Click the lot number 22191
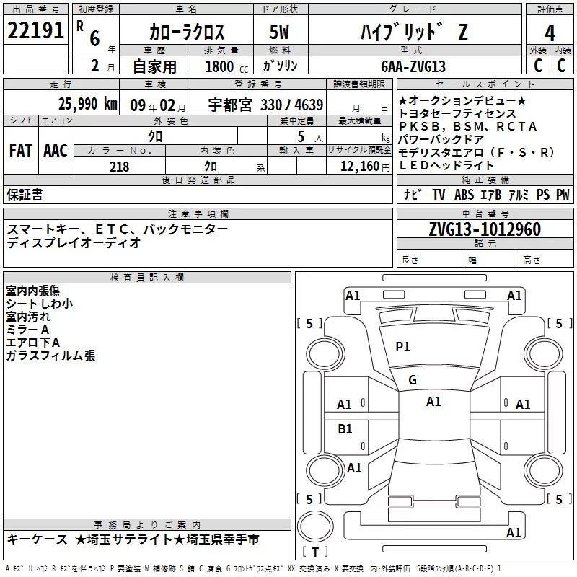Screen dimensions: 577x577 tap(35, 30)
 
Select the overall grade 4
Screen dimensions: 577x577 tap(550, 33)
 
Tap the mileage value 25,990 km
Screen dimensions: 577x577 tap(88, 104)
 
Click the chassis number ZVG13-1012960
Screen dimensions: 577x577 tap(485, 229)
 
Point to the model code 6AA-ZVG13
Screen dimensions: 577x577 tap(413, 66)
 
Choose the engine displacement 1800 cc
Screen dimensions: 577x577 tap(226, 66)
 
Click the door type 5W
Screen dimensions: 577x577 tap(279, 32)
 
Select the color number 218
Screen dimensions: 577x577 tap(119, 167)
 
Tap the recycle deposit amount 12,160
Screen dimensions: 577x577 tap(360, 167)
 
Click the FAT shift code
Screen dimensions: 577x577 tap(21, 151)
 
